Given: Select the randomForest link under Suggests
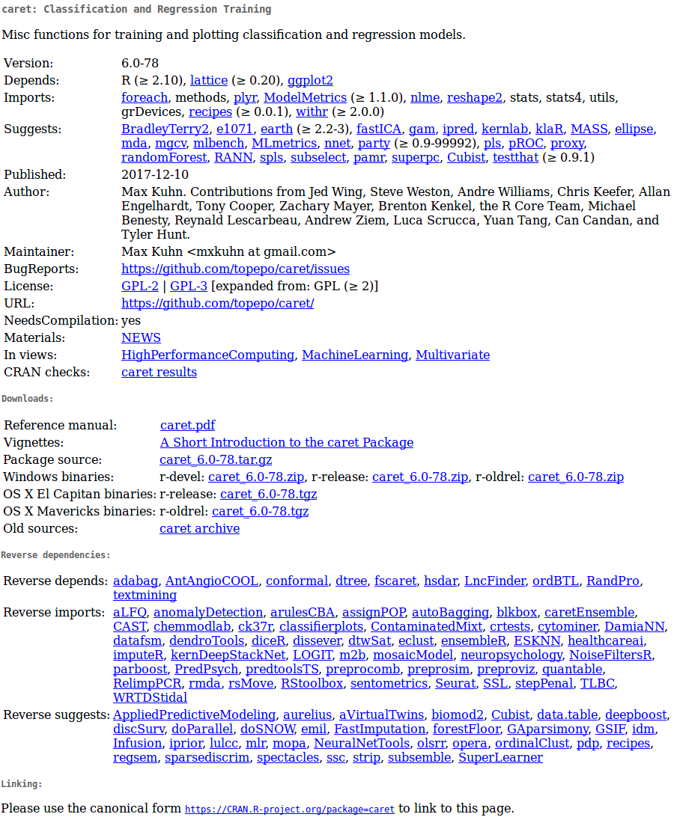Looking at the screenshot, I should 164,157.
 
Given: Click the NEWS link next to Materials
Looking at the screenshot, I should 141,337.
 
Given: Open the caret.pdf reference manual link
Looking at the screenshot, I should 187,425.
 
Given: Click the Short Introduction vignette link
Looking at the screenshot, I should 287,442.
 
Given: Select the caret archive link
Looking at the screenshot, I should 199,528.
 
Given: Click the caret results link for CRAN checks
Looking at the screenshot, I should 159,372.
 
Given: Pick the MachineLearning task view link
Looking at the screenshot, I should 355,355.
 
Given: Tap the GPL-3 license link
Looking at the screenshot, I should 189,286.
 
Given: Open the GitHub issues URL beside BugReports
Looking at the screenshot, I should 235,269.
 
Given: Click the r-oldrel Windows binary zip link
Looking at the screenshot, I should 575,477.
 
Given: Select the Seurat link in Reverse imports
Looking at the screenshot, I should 455,683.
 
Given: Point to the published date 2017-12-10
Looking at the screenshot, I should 155,174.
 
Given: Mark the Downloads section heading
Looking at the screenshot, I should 27,399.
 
